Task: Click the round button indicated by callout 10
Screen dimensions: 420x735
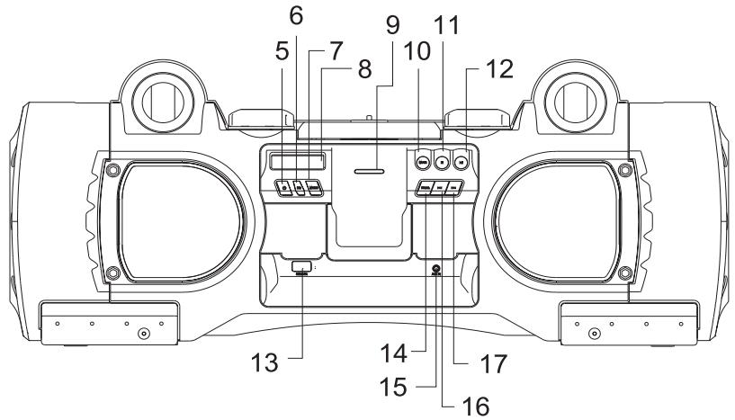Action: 421,162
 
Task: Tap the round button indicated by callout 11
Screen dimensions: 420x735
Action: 442,162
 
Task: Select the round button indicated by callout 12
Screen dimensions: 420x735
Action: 462,162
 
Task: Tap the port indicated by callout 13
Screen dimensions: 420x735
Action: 302,265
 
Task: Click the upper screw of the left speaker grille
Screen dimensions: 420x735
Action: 111,169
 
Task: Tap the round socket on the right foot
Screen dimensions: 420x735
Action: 593,334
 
